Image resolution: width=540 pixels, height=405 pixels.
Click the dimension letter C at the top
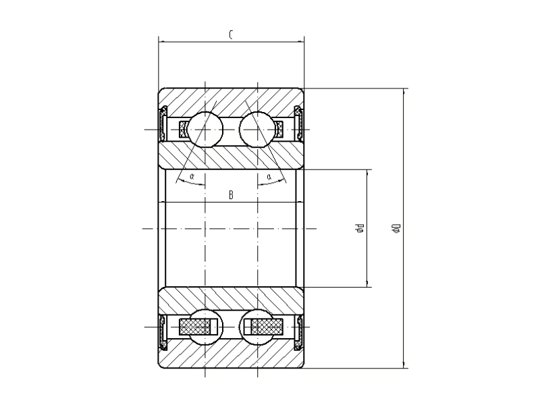[231, 34]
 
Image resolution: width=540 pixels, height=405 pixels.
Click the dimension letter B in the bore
[231, 196]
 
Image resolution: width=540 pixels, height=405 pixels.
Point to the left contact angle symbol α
[192, 177]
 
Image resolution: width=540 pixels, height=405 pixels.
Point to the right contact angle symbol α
[269, 177]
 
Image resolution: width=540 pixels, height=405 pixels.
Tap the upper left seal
[163, 124]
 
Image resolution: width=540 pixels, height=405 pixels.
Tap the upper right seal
[299, 124]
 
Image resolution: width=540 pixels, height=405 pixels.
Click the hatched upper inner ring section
[231, 157]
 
